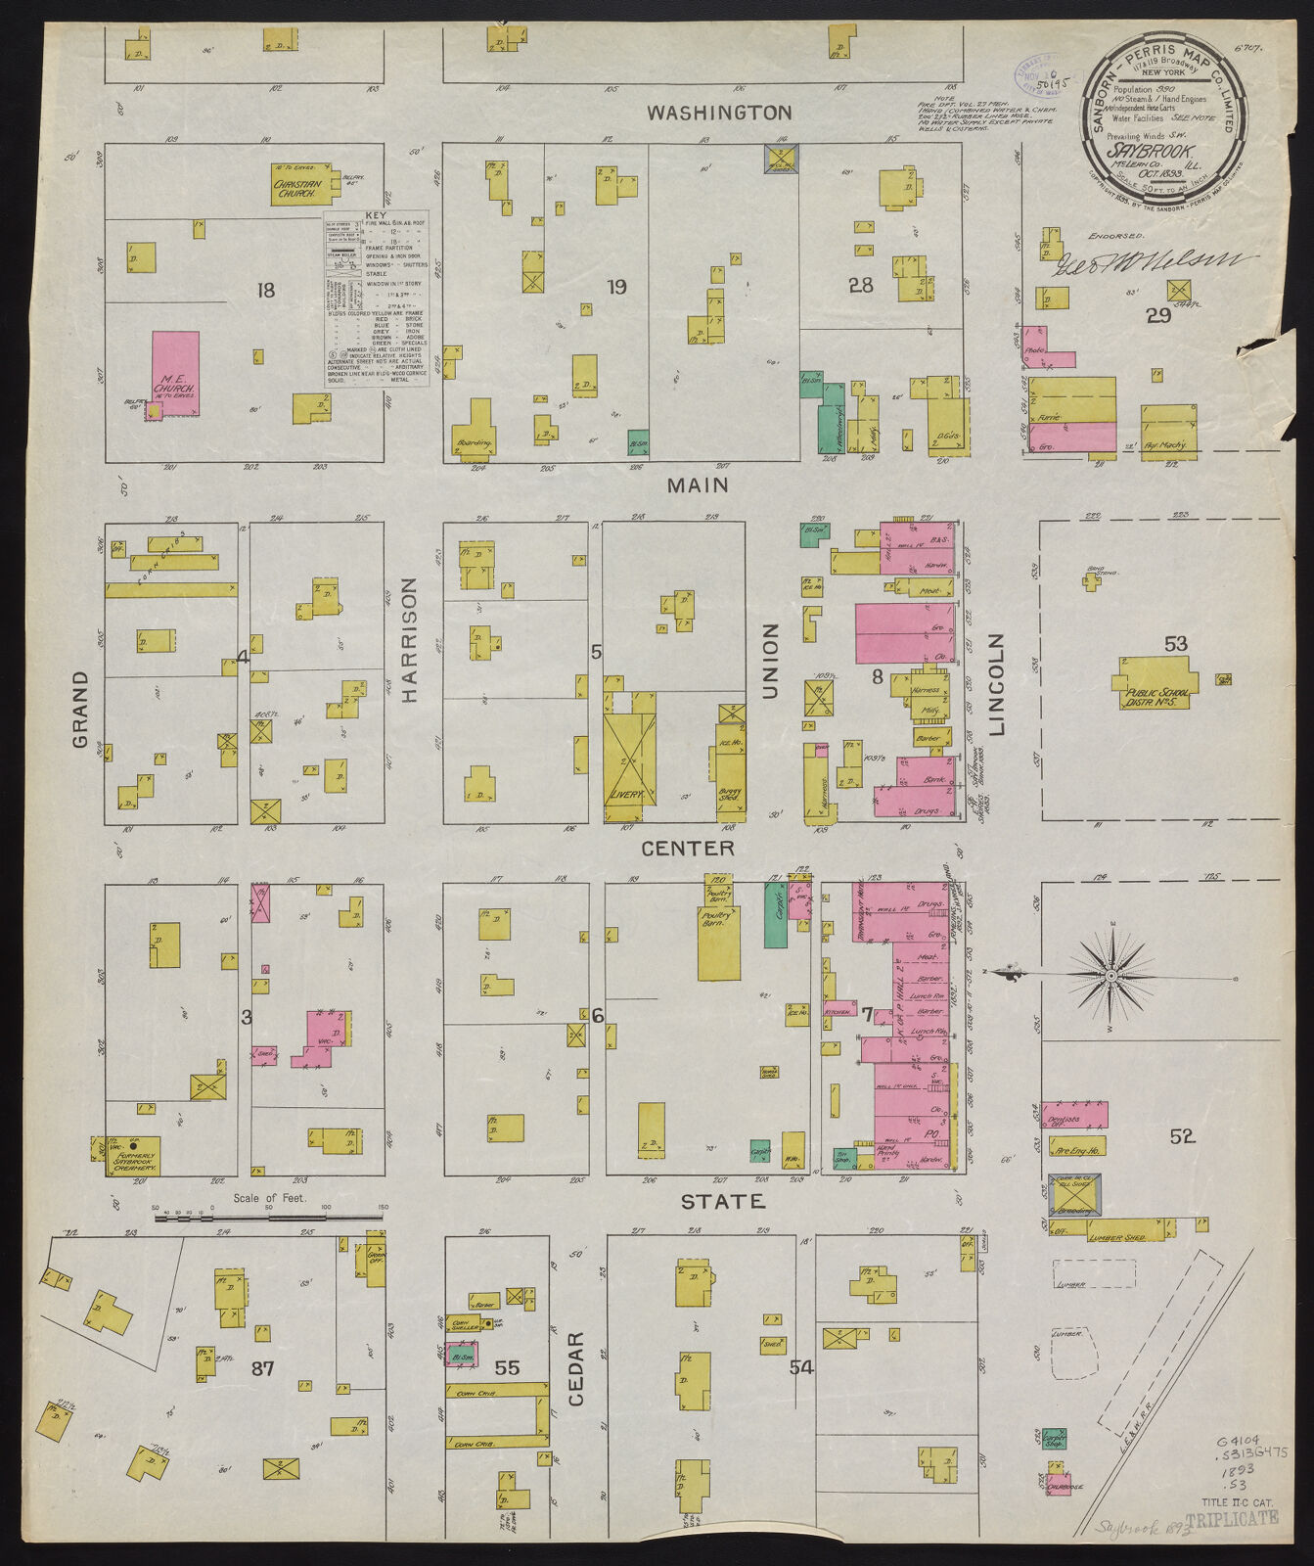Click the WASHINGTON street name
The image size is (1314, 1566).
[x=719, y=113]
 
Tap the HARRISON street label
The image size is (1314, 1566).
[x=408, y=639]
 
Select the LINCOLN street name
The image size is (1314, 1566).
[x=997, y=684]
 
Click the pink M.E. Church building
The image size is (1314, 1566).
[x=176, y=373]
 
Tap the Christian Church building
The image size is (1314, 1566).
[x=299, y=184]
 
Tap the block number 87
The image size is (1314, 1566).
[x=262, y=1367]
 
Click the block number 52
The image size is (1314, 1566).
[x=1182, y=1136]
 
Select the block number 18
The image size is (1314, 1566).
[x=265, y=290]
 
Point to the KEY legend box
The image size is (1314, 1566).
[x=377, y=299]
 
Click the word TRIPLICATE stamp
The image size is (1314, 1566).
[x=1231, y=1518]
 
